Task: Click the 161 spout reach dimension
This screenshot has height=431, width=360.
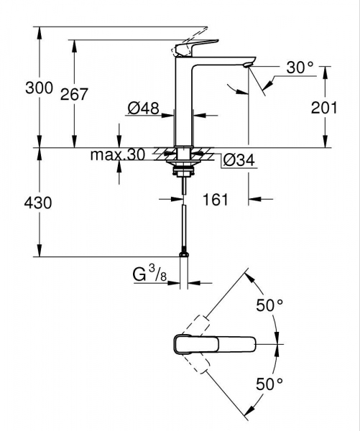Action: [x=215, y=199]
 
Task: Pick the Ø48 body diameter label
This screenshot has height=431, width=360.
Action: [x=142, y=108]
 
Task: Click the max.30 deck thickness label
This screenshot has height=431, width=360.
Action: [x=117, y=155]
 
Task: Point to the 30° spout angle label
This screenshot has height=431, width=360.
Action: [x=300, y=68]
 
